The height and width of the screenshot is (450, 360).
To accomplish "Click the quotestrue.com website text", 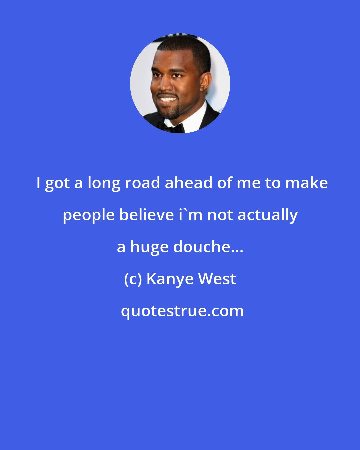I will pos(182,311).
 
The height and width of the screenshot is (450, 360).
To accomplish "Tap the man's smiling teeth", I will pos(167,99).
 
